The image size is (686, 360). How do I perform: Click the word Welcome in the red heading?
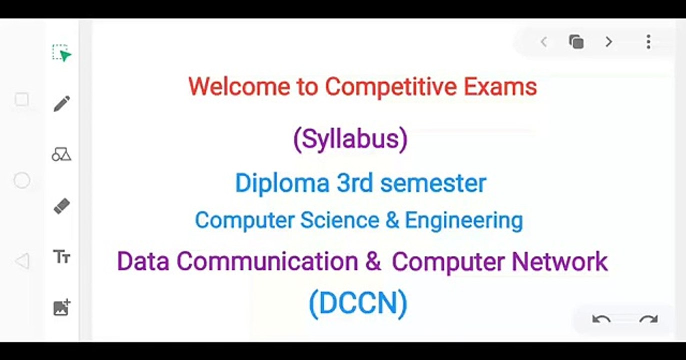pos(239,86)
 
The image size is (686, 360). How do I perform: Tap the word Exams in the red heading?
pos(500,86)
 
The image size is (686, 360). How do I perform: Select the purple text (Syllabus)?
pos(350,139)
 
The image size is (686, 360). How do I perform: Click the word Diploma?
pos(282,183)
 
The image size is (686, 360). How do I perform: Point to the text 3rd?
pos(355,183)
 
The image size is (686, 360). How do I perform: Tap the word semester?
pos(433,183)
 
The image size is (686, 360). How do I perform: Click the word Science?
pos(340,220)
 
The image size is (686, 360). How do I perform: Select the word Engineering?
pos(464,221)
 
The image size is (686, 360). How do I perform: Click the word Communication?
pos(267,261)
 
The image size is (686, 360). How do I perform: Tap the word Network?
pos(560,261)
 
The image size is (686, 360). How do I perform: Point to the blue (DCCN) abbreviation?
pos(358,303)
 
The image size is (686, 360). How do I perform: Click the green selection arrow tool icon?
pos(62,53)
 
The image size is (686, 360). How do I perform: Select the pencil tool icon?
pos(62,103)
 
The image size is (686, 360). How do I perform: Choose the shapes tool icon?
pos(61,154)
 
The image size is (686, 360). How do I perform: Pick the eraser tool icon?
pos(62,206)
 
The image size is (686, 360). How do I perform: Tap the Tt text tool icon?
pos(62,257)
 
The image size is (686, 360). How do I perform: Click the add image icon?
pos(62,307)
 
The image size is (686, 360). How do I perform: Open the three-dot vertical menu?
pos(648,41)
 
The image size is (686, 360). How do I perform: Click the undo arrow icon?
pos(601,319)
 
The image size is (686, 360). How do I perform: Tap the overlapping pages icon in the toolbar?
pos(576,41)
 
